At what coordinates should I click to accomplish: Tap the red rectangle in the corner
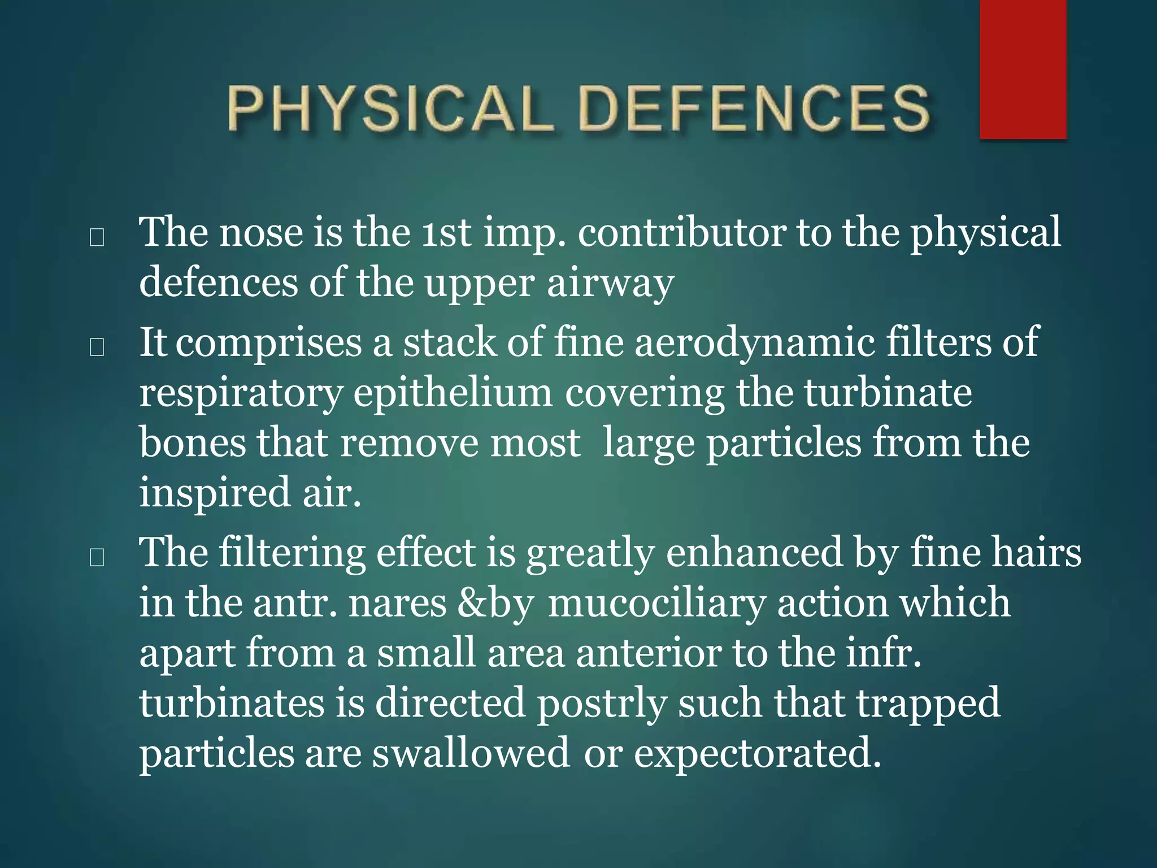[x=1023, y=69]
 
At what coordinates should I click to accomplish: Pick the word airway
[x=610, y=283]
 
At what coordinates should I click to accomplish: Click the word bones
[x=193, y=442]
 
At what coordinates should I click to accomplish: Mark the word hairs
[x=1037, y=552]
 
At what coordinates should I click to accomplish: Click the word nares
[x=398, y=602]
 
